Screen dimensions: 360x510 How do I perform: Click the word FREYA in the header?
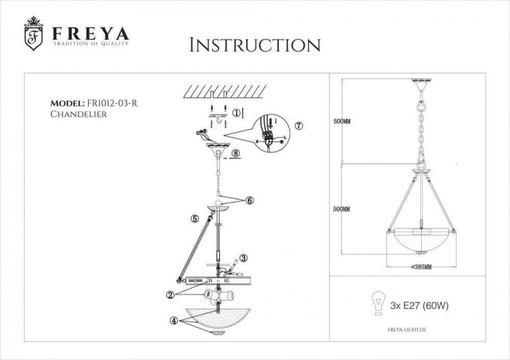tap(90, 33)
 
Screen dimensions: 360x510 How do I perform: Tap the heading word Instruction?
tap(254, 44)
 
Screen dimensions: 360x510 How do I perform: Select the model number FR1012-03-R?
tap(111, 103)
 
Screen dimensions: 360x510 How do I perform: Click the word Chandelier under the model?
tap(79, 115)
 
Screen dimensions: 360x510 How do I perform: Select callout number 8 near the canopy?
tap(237, 154)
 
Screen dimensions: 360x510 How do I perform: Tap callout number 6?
tap(249, 200)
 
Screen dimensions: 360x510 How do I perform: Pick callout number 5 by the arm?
tap(195, 217)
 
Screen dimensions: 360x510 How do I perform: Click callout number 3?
tap(243, 257)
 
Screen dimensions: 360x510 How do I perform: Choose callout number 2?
tap(169, 295)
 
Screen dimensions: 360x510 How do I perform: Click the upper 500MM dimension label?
tap(341, 122)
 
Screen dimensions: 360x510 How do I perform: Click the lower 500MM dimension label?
tap(341, 209)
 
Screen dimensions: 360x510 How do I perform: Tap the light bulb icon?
tap(379, 303)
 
